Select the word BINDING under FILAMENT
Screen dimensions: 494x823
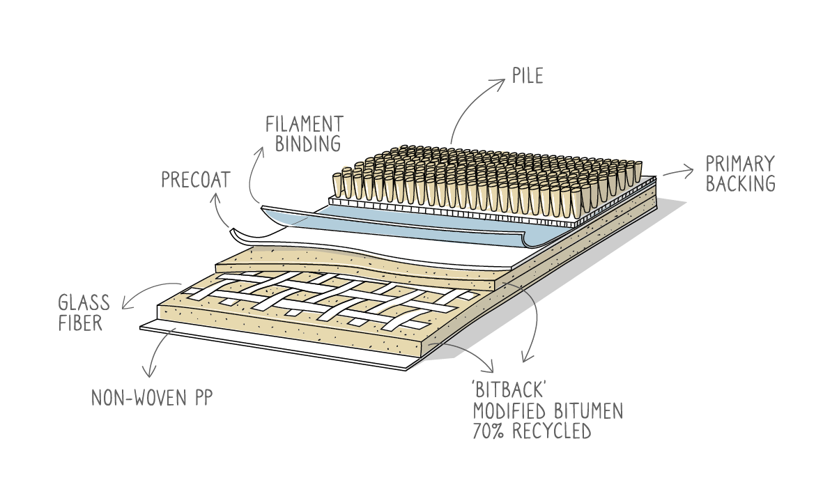click(307, 144)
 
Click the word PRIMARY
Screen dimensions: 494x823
click(740, 164)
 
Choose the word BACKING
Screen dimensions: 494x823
click(740, 184)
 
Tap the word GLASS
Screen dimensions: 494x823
click(84, 303)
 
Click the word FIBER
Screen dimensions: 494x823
click(80, 323)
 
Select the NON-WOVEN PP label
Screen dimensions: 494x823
click(152, 398)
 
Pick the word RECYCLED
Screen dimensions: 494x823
click(551, 431)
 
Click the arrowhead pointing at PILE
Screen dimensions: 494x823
click(502, 82)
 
